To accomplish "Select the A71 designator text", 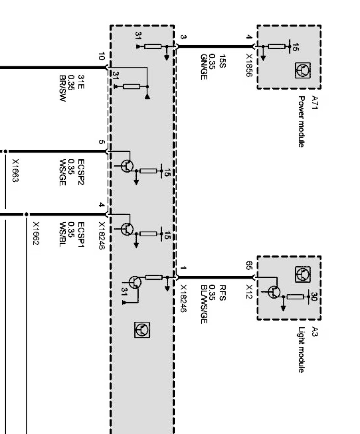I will (x=314, y=102).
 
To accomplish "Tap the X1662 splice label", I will (x=36, y=234).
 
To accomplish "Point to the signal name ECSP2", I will (x=81, y=173).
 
